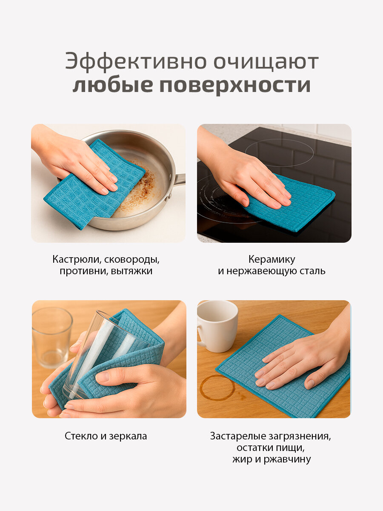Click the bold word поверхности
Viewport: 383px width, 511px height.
click(x=235, y=85)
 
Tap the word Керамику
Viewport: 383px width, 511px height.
click(x=272, y=259)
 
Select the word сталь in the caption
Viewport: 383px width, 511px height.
click(x=312, y=271)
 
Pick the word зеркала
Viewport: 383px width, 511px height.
click(x=128, y=436)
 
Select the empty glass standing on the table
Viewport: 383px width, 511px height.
click(x=52, y=336)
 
